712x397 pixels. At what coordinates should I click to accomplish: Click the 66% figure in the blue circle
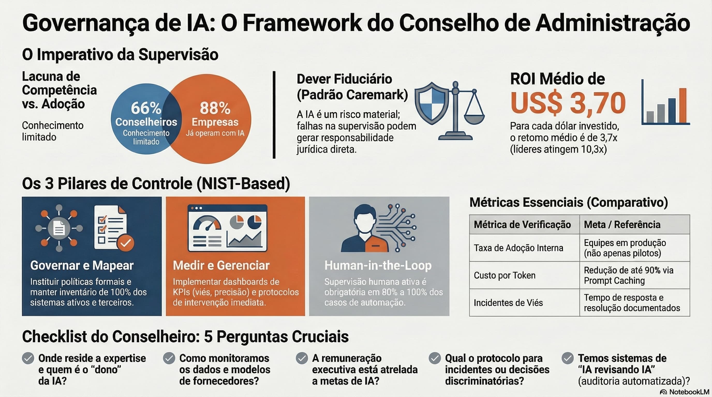click(146, 108)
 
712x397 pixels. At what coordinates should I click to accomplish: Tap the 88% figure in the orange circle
click(215, 108)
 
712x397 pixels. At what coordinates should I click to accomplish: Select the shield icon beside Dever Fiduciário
click(432, 103)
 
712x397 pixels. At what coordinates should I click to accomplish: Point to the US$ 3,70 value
click(568, 103)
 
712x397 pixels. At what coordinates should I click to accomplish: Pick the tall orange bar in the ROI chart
click(683, 105)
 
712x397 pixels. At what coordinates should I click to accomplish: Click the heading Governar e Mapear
click(82, 265)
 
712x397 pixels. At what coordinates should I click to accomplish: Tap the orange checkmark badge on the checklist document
click(125, 243)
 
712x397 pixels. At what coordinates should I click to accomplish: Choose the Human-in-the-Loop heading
click(378, 265)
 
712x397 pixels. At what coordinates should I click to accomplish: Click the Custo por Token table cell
click(505, 275)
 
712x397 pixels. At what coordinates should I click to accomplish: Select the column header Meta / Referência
click(622, 224)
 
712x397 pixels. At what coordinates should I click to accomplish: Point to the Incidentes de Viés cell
click(508, 303)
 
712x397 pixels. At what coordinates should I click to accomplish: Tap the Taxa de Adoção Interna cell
click(518, 248)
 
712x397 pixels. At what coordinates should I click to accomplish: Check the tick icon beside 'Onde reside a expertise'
click(28, 358)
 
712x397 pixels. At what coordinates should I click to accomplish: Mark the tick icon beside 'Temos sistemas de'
click(567, 358)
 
